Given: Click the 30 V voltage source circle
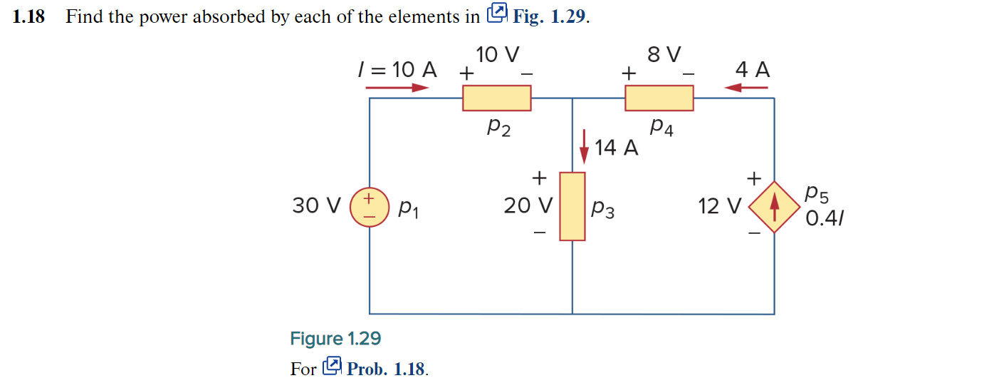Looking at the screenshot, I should (369, 207).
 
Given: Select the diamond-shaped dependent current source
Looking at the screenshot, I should (775, 207).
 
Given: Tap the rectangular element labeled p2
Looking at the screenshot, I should (496, 98).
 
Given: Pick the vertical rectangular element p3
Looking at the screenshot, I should (572, 206).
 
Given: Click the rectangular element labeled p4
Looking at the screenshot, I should (659, 98).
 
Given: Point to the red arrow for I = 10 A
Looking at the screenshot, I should (397, 88).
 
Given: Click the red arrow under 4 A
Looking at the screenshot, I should (745, 88).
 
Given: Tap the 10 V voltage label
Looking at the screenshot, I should (498, 55).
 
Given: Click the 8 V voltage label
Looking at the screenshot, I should (664, 55).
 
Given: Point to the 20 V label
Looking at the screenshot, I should (528, 206).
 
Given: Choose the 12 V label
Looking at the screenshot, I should (720, 207).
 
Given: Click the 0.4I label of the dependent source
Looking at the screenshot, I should (824, 218).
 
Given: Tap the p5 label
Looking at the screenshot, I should (817, 193).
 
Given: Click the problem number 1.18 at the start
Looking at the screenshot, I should (28, 17).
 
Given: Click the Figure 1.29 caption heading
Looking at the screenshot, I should (335, 338).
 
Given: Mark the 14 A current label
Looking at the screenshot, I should (617, 148).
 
